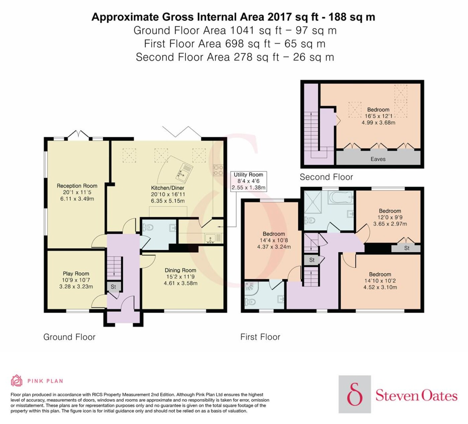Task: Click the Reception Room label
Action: tap(77, 186)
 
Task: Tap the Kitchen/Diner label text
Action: tap(167, 188)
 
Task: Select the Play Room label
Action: tap(76, 273)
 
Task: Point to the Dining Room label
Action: tap(180, 270)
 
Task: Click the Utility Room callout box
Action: tap(248, 181)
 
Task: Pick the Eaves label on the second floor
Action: tap(378, 159)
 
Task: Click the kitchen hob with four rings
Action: tap(218, 170)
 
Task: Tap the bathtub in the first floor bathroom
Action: tap(341, 198)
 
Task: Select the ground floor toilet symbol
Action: tap(147, 227)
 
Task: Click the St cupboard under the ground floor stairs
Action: tap(113, 286)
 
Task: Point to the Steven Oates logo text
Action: tap(416, 396)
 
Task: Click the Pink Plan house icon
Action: tap(17, 381)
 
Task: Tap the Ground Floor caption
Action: tap(69, 337)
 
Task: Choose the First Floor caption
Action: tap(260, 337)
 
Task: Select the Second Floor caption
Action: tap(326, 177)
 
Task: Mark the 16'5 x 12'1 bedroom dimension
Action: tap(378, 116)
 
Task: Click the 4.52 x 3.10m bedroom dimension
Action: tap(380, 287)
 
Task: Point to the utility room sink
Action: tap(211, 238)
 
